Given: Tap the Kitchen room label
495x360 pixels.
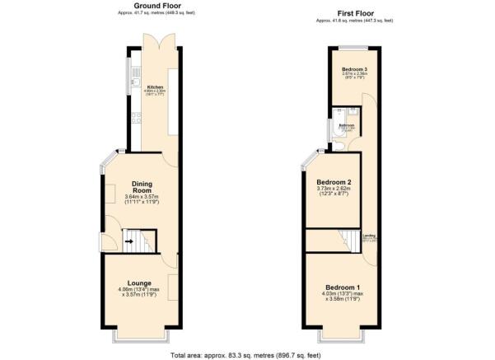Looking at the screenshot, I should point(156,86).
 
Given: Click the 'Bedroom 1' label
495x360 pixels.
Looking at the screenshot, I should point(340,287).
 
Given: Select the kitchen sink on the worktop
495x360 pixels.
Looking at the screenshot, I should point(134,78).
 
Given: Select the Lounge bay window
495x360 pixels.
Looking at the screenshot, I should point(139,338).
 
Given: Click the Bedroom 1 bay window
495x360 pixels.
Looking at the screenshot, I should point(341,338).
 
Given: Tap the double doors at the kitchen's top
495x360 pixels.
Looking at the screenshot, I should point(155,42).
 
